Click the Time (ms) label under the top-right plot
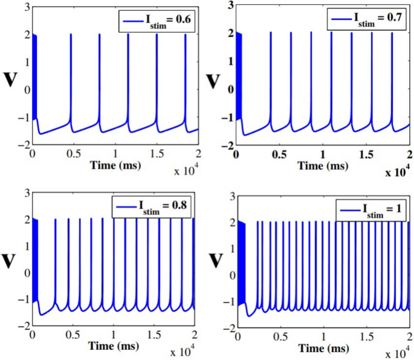325,164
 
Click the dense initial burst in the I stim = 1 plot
242,260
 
